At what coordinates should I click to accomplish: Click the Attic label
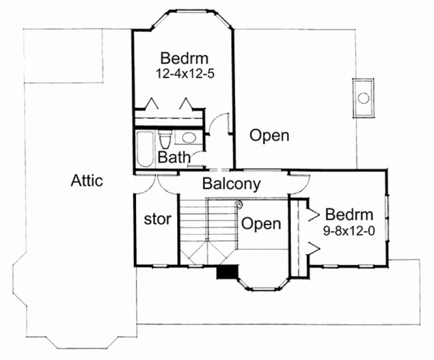(87, 181)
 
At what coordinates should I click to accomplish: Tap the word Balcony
(231, 184)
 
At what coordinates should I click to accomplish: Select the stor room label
(158, 220)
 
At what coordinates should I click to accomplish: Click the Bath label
(174, 158)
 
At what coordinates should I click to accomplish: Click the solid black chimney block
(228, 272)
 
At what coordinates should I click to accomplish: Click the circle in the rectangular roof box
(364, 98)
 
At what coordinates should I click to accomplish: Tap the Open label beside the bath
(269, 136)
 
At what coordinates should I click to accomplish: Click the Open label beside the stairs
(261, 223)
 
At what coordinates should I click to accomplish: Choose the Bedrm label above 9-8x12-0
(349, 214)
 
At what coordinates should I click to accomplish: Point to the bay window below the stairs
(263, 282)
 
